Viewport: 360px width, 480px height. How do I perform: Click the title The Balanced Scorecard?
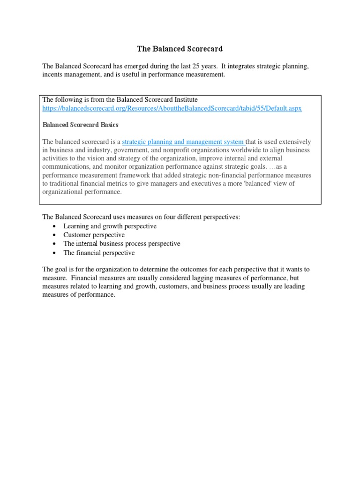(180, 48)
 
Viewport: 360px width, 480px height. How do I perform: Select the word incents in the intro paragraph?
(53, 75)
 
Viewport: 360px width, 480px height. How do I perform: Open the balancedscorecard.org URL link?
(172, 108)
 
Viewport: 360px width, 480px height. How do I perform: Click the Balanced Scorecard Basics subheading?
(81, 125)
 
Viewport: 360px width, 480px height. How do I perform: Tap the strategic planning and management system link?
(183, 142)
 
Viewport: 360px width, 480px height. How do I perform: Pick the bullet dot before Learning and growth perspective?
(55, 226)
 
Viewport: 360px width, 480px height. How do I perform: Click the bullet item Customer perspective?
(94, 235)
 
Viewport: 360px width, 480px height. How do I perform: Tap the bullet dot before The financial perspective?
(55, 253)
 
